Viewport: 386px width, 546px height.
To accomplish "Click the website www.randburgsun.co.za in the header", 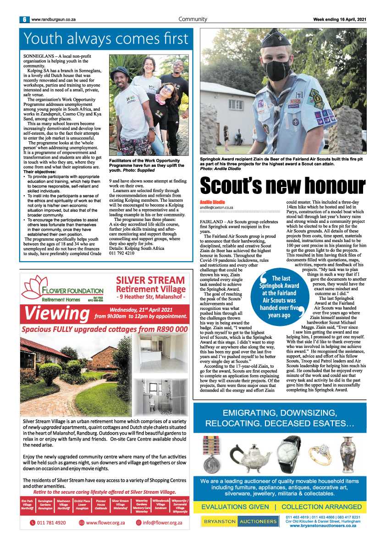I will click(54, 20).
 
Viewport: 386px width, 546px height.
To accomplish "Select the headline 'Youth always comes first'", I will click(106, 38).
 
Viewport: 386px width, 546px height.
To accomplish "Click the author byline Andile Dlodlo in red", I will click(212, 202).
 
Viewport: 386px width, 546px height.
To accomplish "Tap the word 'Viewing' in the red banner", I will click(57, 314).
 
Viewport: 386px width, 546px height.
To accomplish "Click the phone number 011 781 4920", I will click(48, 523).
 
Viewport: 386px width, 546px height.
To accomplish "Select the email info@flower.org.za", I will click(162, 523).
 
